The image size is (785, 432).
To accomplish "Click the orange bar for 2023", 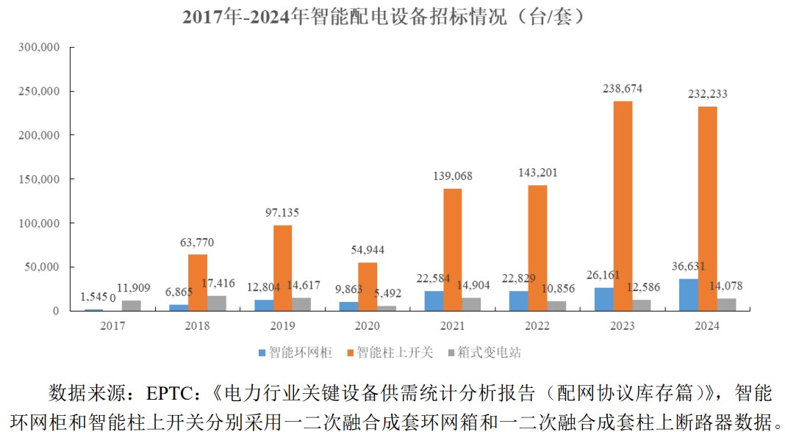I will [623, 206].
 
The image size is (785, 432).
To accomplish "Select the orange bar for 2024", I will [707, 209].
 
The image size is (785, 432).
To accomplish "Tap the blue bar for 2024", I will [688, 295].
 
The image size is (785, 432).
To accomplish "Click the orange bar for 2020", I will [368, 287].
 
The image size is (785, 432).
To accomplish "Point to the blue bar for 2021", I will [434, 301].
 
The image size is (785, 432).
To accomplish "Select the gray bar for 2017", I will [132, 306].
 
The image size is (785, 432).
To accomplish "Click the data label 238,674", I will [623, 89].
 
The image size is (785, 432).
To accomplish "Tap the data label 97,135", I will [282, 212].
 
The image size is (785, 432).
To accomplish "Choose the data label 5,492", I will [386, 293].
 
